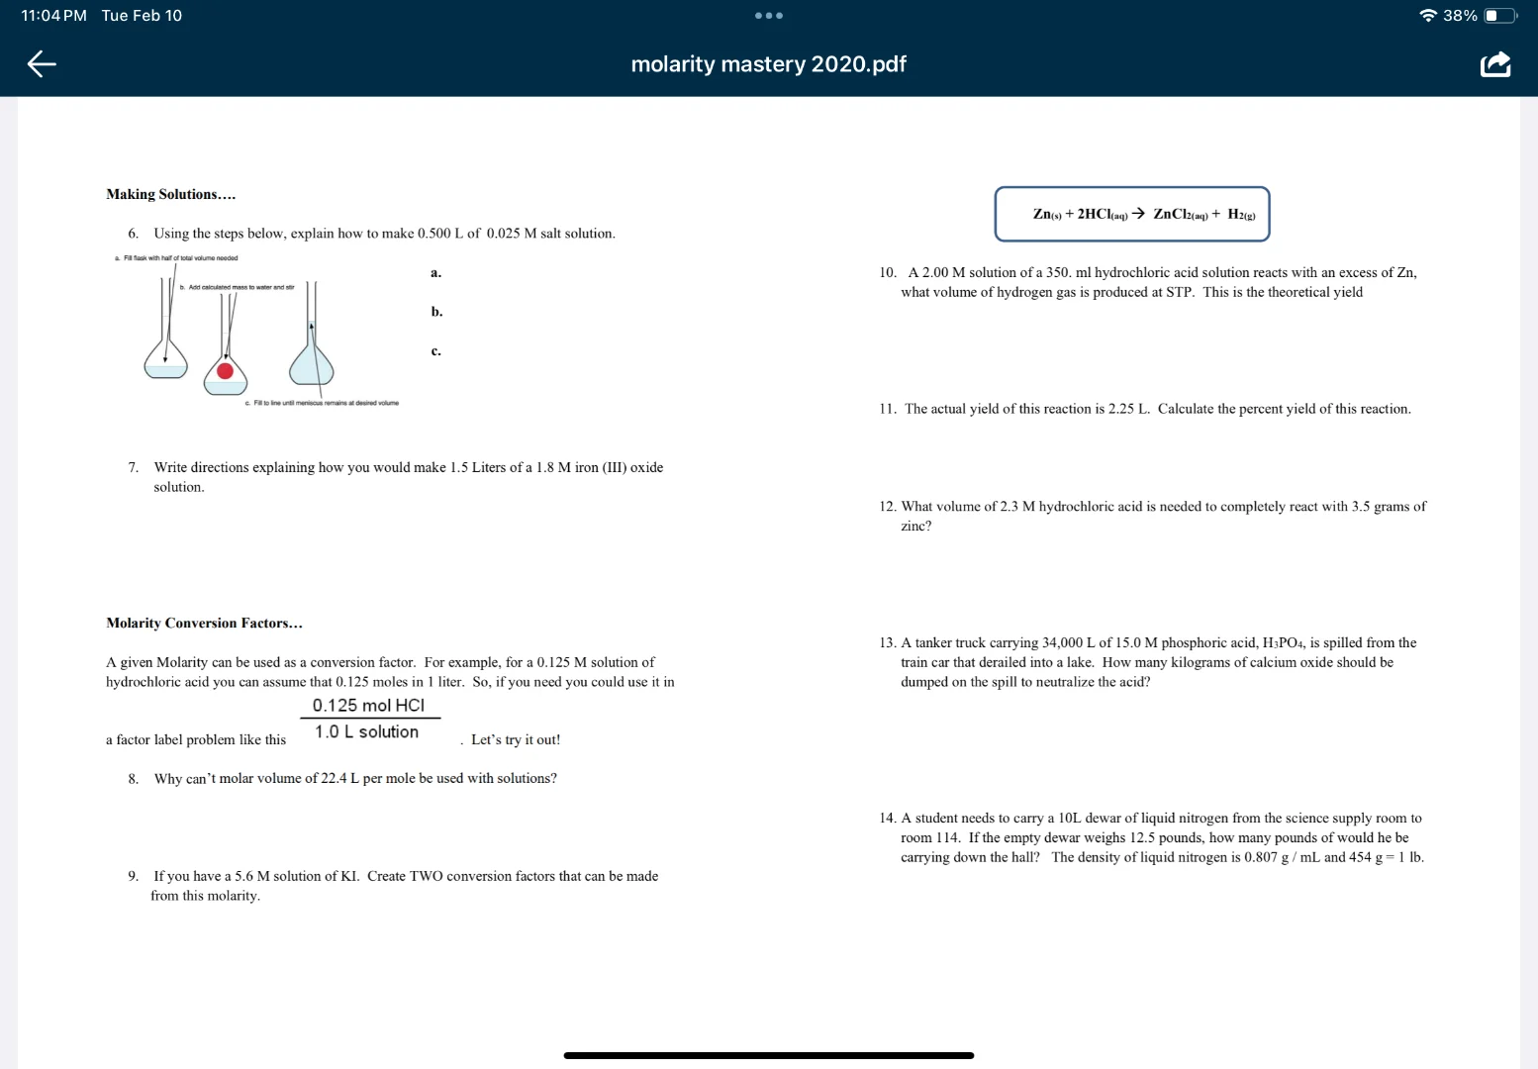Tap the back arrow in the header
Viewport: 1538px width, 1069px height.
[x=42, y=64]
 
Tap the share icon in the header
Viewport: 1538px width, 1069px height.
[x=1494, y=64]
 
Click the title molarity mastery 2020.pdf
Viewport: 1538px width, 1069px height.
[x=768, y=64]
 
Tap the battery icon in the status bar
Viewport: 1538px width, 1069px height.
[x=1498, y=15]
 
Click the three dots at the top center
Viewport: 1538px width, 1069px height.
[x=768, y=15]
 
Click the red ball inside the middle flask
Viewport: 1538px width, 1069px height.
[x=225, y=371]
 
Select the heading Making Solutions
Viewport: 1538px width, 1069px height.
[x=170, y=194]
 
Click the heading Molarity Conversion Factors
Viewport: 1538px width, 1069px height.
[x=204, y=623]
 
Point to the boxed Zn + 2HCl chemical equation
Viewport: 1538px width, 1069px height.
[x=1131, y=214]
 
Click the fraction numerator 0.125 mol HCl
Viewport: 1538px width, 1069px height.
[x=368, y=705]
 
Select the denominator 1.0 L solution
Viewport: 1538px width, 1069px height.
[x=366, y=731]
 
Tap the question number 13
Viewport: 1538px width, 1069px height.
[x=887, y=642]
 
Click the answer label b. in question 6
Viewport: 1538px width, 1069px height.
[x=436, y=312]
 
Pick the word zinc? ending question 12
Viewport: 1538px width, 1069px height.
[x=915, y=526]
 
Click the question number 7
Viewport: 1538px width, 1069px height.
[x=133, y=467]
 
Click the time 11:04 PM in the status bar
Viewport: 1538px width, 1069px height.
[x=53, y=15]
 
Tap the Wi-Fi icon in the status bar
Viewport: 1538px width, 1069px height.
[x=1427, y=15]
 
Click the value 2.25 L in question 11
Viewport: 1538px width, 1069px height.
[x=1128, y=409]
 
